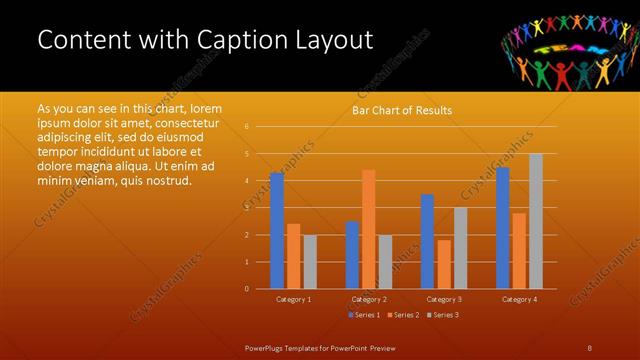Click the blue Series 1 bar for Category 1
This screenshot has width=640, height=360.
277,231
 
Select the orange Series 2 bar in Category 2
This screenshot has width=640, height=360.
368,229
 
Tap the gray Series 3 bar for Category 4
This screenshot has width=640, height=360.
536,221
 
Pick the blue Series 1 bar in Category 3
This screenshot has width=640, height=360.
427,241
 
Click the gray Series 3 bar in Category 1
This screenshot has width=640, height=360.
310,262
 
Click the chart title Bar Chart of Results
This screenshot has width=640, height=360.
402,110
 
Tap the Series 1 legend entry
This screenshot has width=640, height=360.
363,315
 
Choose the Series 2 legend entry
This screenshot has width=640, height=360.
402,315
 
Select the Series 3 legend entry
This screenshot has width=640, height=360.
441,315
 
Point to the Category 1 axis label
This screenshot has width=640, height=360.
294,299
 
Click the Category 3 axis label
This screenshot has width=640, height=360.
443,299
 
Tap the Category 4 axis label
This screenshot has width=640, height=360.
519,299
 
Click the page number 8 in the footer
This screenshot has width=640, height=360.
590,347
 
